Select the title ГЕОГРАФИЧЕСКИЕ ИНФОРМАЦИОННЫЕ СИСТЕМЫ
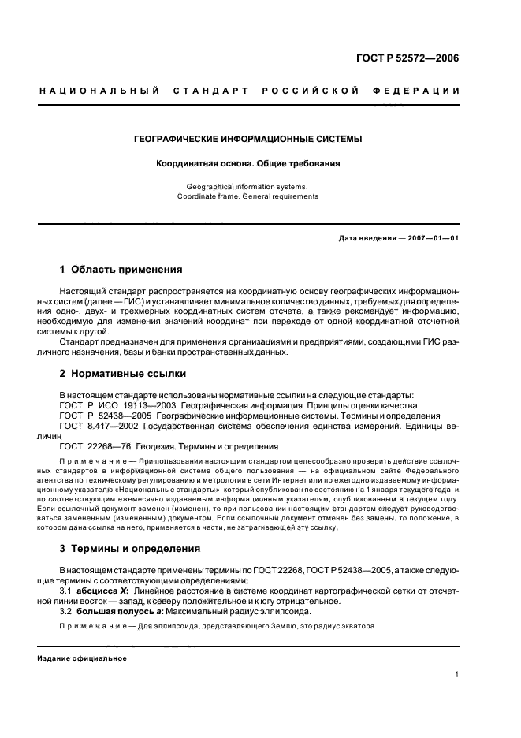[248, 139]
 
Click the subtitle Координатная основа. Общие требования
[247, 164]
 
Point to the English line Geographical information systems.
[247, 187]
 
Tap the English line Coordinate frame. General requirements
[247, 196]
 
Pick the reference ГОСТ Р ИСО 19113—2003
[107, 404]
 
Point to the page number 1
[457, 674]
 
